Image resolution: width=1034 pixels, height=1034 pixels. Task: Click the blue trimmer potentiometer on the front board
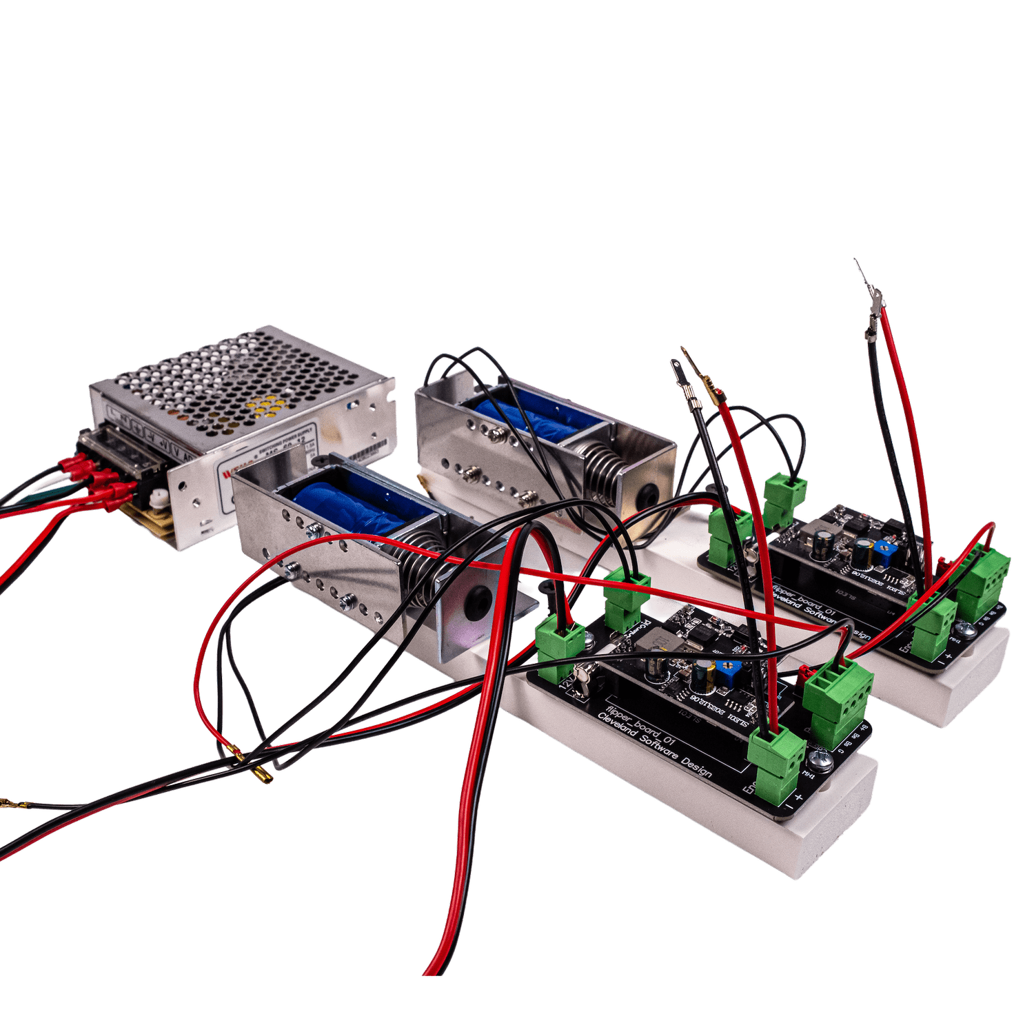[x=723, y=669]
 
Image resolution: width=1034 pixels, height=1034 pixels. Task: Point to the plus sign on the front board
[x=799, y=798]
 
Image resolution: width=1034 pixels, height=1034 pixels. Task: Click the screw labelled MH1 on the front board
[x=820, y=760]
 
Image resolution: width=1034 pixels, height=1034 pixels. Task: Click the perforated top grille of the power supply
[x=241, y=379]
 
